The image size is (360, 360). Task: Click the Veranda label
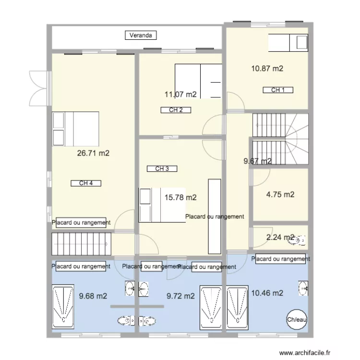pyautogui.click(x=141, y=35)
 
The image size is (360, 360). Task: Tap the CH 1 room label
pyautogui.click(x=278, y=90)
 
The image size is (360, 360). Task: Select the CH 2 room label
pyautogui.click(x=176, y=110)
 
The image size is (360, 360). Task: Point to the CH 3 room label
pyautogui.click(x=162, y=168)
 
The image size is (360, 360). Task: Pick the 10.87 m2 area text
pyautogui.click(x=267, y=69)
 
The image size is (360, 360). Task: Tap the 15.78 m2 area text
pyautogui.click(x=180, y=197)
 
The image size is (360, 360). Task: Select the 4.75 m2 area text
pyautogui.click(x=280, y=194)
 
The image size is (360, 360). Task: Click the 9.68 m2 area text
pyautogui.click(x=93, y=296)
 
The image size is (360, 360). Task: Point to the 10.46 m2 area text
pyautogui.click(x=267, y=293)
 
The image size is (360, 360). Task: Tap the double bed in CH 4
pyautogui.click(x=75, y=129)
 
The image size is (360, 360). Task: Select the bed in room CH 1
pyautogui.click(x=288, y=43)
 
